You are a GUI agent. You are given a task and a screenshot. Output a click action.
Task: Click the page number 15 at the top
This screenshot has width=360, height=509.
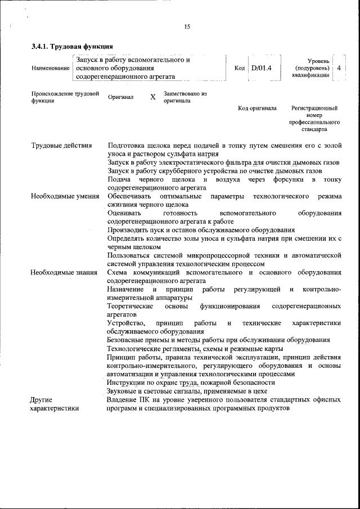click(187, 26)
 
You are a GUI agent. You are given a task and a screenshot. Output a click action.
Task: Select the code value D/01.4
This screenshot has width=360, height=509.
click(262, 68)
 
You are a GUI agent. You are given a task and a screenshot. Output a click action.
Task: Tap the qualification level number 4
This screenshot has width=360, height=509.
click(339, 67)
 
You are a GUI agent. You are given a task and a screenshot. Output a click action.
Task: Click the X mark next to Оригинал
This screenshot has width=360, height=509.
click(152, 97)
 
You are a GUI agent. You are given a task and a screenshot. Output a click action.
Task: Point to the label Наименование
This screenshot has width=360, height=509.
click(51, 68)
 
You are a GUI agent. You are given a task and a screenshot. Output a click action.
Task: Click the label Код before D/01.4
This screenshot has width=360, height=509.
click(239, 68)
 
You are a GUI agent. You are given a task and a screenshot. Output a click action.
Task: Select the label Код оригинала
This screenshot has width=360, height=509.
click(257, 107)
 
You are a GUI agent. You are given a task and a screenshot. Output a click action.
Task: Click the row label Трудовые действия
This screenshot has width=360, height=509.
click(61, 146)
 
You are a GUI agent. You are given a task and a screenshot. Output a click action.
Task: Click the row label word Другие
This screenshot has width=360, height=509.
click(42, 399)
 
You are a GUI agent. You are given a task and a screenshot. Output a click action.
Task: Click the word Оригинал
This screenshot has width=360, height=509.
click(120, 97)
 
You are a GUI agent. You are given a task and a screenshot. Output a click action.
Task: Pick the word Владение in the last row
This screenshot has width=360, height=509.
click(123, 399)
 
